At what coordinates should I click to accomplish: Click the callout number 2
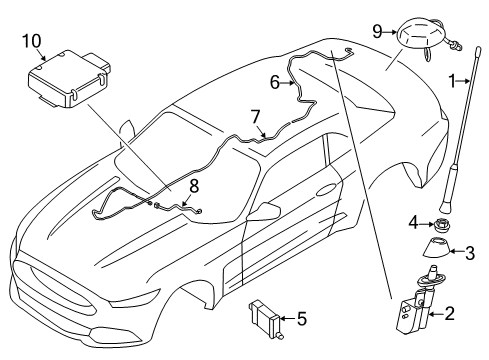click(x=450, y=315)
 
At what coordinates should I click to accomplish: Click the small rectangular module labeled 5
click(x=263, y=318)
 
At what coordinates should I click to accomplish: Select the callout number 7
click(x=255, y=117)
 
